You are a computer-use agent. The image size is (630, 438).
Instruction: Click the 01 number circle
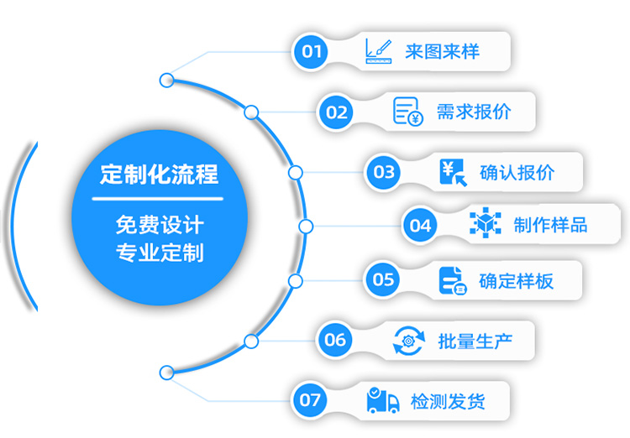coord(312,52)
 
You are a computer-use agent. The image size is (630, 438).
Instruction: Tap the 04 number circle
coord(420,225)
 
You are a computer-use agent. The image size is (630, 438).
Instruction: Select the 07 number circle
coord(311,400)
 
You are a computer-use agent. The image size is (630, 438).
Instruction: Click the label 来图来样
coord(442,52)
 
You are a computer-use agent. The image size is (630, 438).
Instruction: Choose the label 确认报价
coord(517,173)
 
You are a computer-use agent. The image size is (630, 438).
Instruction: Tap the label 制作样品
coord(550,225)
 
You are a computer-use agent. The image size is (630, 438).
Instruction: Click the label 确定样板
coord(516,280)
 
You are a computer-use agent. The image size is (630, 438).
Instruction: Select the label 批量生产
coord(475,341)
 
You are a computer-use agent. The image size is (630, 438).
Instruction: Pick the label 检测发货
coord(448,400)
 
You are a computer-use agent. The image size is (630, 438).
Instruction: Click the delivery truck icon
coord(383,400)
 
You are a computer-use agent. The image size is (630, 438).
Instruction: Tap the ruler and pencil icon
coord(380,51)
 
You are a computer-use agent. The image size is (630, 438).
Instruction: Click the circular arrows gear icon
coord(409,341)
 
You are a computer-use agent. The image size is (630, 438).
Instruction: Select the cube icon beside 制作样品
coord(485,225)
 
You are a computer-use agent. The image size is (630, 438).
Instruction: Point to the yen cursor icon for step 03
coord(453,172)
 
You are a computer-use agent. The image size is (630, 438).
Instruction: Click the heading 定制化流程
coord(159,174)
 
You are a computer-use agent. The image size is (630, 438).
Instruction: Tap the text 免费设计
coord(159,225)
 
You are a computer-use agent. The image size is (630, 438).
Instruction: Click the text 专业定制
coord(159,252)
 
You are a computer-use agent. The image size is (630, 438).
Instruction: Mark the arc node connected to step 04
coord(306,226)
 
